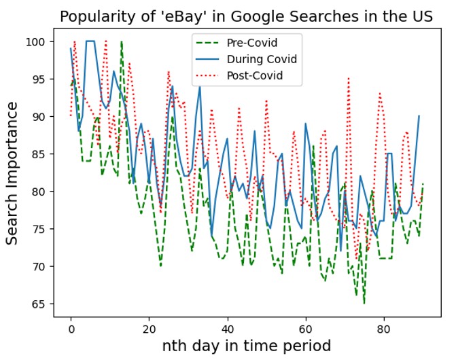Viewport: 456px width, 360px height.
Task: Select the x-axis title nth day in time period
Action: coord(246,346)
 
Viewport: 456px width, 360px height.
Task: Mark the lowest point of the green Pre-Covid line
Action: coord(364,303)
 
